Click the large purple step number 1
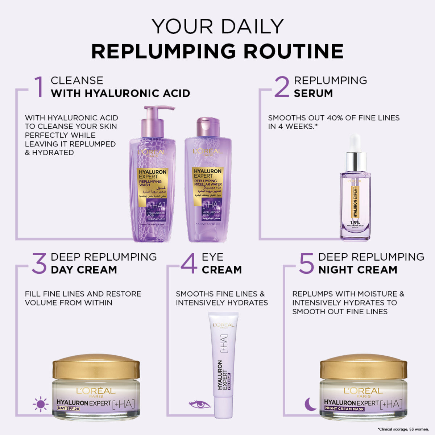coord(38,87)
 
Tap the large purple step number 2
coord(282,87)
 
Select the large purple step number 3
coord(39,264)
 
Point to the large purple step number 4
coord(188,264)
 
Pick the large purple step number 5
coord(306,264)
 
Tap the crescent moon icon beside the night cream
coord(310,404)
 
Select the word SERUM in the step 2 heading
coord(313,93)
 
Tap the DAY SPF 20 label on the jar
coord(69,409)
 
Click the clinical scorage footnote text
coord(403,429)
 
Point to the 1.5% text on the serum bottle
coord(355,223)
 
